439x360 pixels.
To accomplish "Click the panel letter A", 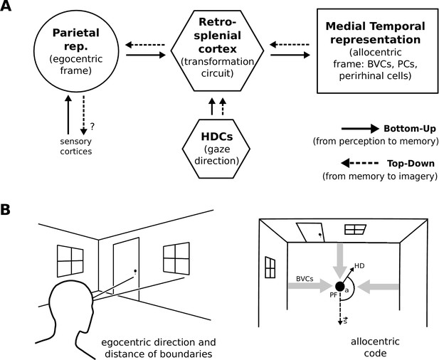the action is (5, 6).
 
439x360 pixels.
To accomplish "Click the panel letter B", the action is (5, 209).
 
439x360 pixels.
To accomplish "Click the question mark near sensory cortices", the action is (92, 127).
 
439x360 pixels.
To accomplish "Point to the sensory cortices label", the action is (76, 147).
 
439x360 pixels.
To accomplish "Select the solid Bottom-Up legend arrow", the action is (360, 129).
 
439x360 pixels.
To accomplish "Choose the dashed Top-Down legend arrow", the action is (360, 163).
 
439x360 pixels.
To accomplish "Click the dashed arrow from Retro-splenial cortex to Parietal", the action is (145, 45).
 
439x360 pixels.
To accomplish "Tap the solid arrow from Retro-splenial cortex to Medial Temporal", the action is (290, 55).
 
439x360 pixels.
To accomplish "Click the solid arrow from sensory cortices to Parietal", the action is (68, 115).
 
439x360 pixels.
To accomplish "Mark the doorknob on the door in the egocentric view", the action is (135, 271).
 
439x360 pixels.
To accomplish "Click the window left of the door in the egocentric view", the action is (70, 261).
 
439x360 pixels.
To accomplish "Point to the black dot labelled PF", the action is (339, 286).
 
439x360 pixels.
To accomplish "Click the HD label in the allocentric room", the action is (359, 265).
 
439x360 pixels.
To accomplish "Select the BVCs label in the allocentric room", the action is (305, 279).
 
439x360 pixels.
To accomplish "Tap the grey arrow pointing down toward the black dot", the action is (339, 260).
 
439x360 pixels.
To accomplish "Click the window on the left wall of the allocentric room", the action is (270, 268).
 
